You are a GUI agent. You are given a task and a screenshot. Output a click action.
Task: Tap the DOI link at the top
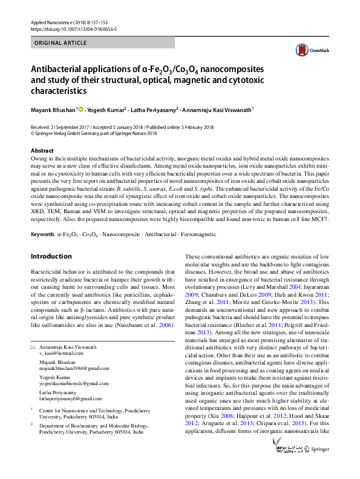point(74,28)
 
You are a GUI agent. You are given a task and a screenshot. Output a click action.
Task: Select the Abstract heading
point(42,151)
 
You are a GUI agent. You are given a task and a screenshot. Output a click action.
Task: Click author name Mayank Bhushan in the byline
point(53,110)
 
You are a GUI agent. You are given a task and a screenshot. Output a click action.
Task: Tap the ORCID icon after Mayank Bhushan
point(80,110)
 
